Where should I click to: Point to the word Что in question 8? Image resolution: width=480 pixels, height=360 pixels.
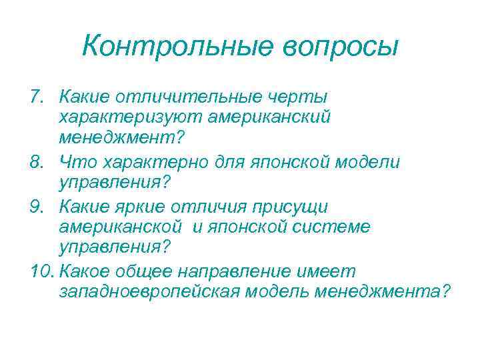pyautogui.click(x=77, y=161)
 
